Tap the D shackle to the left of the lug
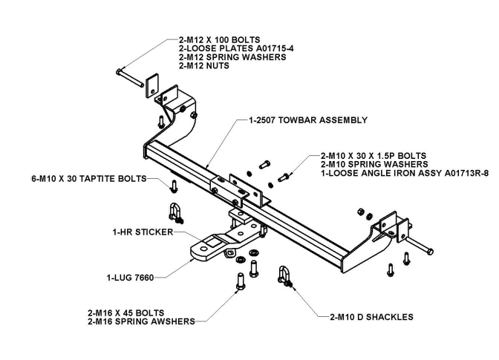[176, 212]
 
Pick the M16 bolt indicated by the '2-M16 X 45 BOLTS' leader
[239, 282]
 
